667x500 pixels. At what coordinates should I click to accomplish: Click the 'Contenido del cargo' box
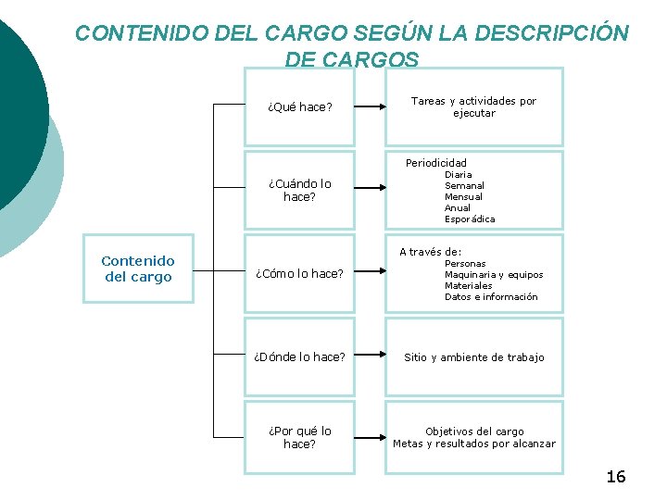pyautogui.click(x=138, y=269)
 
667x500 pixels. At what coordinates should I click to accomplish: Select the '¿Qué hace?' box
pyautogui.click(x=299, y=106)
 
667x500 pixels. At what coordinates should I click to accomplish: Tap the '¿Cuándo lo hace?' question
pyautogui.click(x=299, y=190)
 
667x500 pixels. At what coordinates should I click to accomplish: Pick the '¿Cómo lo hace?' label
pyautogui.click(x=299, y=273)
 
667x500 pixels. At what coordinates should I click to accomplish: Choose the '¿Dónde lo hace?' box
pyautogui.click(x=299, y=356)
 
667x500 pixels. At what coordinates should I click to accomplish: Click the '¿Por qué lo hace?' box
pyautogui.click(x=299, y=437)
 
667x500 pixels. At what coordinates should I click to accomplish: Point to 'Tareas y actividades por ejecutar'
pyautogui.click(x=473, y=106)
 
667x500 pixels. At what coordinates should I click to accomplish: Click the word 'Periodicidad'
pyautogui.click(x=436, y=163)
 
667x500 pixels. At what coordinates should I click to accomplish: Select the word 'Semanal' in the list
pyautogui.click(x=464, y=185)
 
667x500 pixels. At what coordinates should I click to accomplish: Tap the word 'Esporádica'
pyautogui.click(x=470, y=219)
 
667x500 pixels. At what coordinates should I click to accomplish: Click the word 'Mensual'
pyautogui.click(x=463, y=196)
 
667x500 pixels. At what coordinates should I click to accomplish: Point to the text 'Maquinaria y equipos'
pyautogui.click(x=494, y=274)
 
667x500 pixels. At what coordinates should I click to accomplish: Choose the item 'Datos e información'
pyautogui.click(x=491, y=297)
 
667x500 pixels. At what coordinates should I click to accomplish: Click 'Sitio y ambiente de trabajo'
pyautogui.click(x=473, y=357)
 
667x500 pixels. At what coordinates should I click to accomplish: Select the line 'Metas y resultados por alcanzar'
pyautogui.click(x=473, y=444)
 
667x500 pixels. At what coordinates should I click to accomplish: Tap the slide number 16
pyautogui.click(x=615, y=477)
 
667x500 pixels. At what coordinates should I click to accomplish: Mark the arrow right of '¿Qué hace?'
pyautogui.click(x=371, y=106)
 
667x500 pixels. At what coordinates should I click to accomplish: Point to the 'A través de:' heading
pyautogui.click(x=430, y=251)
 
